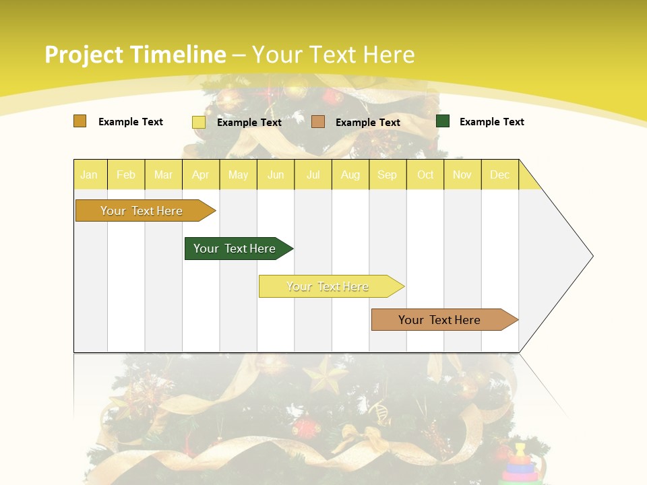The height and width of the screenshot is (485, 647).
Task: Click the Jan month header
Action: tap(89, 174)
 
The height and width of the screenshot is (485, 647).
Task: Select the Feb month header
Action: tap(126, 174)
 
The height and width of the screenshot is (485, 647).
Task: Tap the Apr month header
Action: tap(201, 174)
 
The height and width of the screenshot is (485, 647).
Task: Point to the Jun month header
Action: tap(276, 174)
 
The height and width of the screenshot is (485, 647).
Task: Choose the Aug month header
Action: tap(350, 174)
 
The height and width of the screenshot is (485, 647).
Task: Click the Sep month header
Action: tap(388, 174)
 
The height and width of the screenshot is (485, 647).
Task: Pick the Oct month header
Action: tap(425, 174)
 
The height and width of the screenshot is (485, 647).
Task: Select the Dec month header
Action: tap(500, 174)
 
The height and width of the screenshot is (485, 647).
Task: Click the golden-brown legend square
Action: tap(80, 121)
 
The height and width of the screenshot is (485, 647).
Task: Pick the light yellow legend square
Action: tap(199, 122)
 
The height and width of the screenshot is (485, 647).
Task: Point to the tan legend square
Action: tap(318, 122)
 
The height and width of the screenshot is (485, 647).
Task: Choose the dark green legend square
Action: tap(443, 121)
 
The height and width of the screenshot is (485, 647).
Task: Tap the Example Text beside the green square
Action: tap(491, 122)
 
